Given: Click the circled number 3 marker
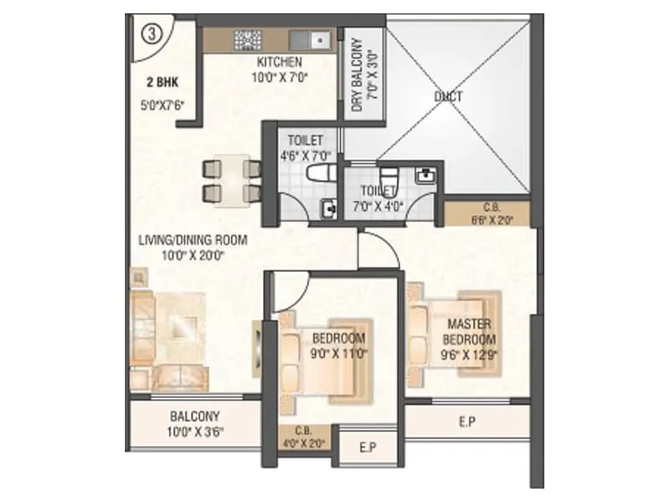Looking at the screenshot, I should coord(151,33).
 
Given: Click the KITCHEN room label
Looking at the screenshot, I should coord(279,63).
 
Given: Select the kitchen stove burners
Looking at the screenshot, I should coord(249,38).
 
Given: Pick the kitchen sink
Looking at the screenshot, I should coord(317,38).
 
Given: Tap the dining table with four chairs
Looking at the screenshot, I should coord(229,180).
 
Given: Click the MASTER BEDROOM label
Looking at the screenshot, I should coord(470,330).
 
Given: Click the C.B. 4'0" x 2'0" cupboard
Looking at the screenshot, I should coord(306,439).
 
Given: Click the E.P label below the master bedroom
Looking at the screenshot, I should coord(467,423).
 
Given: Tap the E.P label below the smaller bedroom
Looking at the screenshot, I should coord(367,448).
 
